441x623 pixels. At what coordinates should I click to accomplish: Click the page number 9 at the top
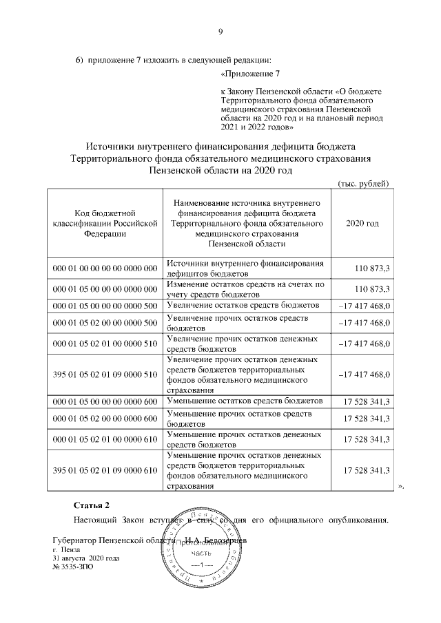pyautogui.click(x=220, y=30)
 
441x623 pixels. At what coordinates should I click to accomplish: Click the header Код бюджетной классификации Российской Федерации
pyautogui.click(x=105, y=224)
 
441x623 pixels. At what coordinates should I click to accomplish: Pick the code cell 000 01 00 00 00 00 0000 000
pyautogui.click(x=105, y=267)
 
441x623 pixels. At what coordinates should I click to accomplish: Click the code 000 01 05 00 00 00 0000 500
pyautogui.click(x=105, y=305)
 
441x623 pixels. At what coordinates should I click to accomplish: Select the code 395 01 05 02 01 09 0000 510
pyautogui.click(x=105, y=374)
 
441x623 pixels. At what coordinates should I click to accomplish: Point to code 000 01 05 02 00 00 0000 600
pyautogui.click(x=105, y=419)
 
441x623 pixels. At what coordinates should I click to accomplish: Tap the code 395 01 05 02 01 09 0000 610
pyautogui.click(x=105, y=469)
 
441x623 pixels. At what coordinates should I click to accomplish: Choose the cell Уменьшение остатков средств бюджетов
pyautogui.click(x=245, y=401)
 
